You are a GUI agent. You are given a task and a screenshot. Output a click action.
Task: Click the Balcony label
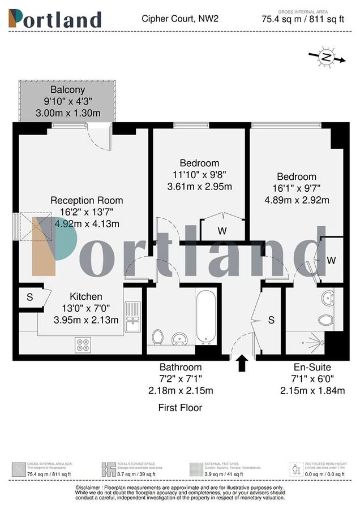[67, 89]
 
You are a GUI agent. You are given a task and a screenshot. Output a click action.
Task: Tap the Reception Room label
[86, 200]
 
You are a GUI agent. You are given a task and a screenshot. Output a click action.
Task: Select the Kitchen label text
[86, 296]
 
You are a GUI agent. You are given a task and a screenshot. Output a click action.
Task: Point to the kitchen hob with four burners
[83, 344]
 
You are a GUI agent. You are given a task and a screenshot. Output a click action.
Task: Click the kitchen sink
[132, 316]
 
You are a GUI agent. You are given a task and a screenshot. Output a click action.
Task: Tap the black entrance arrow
[242, 363]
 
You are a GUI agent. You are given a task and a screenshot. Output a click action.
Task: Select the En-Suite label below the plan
[305, 367]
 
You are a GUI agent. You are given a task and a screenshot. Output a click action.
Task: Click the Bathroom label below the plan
[180, 367]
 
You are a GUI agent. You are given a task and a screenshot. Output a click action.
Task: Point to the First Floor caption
[180, 407]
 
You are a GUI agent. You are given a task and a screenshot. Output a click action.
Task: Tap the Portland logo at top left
[55, 19]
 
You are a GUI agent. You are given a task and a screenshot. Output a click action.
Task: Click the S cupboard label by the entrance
[271, 320]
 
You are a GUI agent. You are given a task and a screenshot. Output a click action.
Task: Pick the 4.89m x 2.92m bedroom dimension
[297, 200]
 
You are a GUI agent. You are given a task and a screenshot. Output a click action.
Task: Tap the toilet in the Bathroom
[158, 337]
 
